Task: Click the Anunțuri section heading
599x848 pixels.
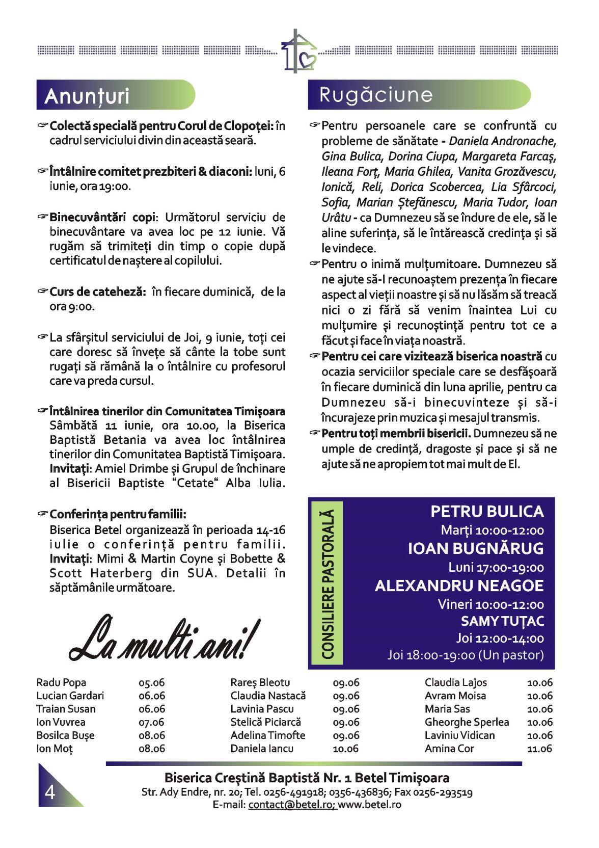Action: (x=87, y=96)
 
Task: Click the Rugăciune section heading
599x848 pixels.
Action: (x=375, y=95)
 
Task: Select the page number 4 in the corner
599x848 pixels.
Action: (x=50, y=792)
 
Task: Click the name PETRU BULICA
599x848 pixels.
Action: (x=486, y=511)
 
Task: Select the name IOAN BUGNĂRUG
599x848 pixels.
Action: (x=475, y=548)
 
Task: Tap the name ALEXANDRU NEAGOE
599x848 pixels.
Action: (x=459, y=586)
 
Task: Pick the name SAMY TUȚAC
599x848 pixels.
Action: (x=502, y=621)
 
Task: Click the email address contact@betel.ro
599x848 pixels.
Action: (x=290, y=805)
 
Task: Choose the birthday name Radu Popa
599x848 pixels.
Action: (x=61, y=682)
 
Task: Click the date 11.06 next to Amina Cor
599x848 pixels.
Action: (x=539, y=749)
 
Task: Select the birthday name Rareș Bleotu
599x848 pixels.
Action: (x=260, y=682)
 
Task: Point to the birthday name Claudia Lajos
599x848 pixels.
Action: (x=455, y=682)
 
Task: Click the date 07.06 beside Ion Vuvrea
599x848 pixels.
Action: (x=151, y=722)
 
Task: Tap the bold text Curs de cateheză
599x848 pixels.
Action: (x=98, y=292)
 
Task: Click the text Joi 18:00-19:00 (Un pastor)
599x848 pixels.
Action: (x=465, y=655)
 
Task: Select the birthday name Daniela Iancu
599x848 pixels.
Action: (x=262, y=749)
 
